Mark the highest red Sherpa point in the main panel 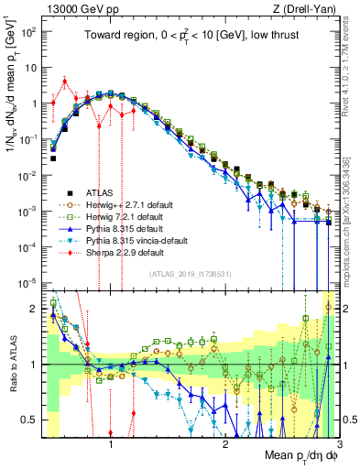coord(64,81)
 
